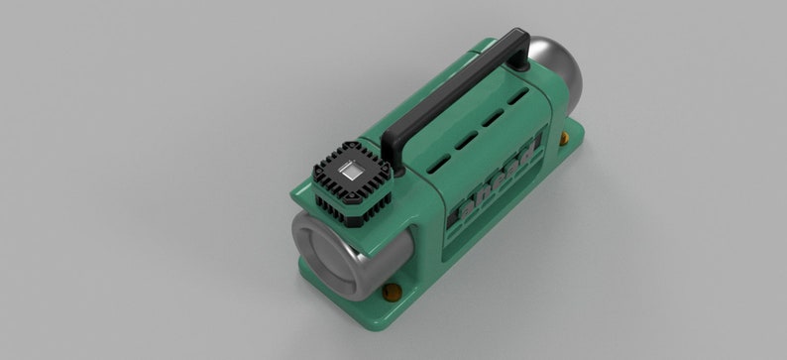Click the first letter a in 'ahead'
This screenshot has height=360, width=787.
[x=466, y=208]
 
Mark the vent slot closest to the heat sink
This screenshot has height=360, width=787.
[x=437, y=160]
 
